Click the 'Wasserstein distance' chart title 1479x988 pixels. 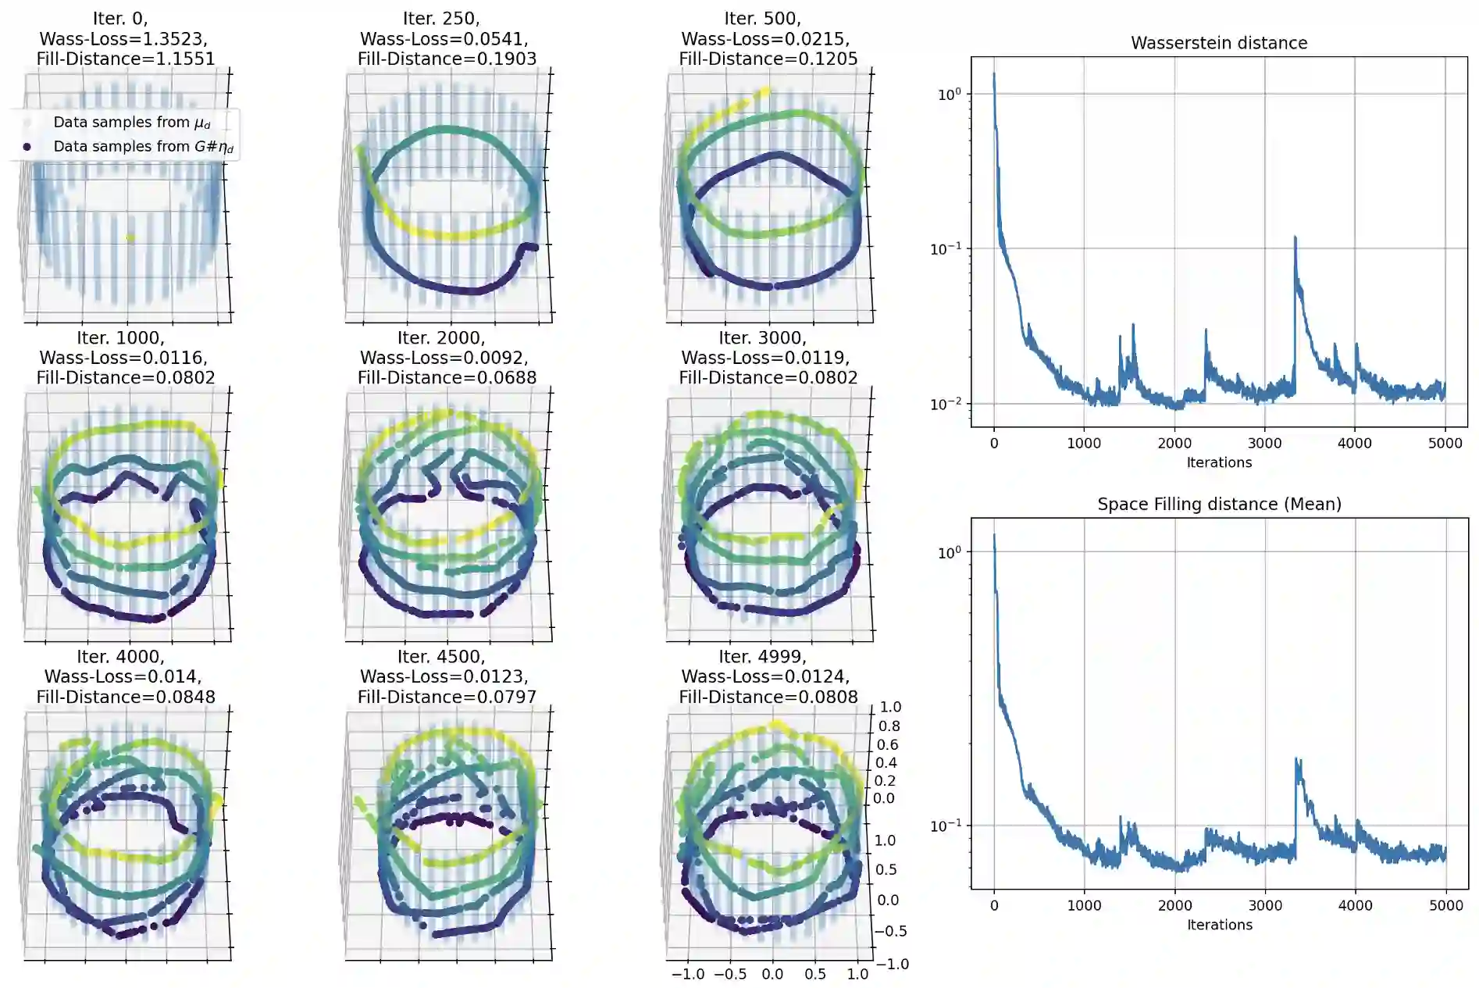click(x=1218, y=43)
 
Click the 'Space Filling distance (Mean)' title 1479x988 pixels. click(x=1219, y=504)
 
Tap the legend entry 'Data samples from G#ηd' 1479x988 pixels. click(x=143, y=147)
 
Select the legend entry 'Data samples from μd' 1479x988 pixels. click(x=131, y=123)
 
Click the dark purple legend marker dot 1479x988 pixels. click(x=27, y=147)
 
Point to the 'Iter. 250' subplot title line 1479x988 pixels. click(x=441, y=18)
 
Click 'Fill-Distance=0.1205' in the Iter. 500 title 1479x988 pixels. click(x=768, y=59)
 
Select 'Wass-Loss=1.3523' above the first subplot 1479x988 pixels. click(x=123, y=38)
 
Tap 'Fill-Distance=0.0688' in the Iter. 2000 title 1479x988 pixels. click(x=447, y=377)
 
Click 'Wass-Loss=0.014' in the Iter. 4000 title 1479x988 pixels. click(x=123, y=676)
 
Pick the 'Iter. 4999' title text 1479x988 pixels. click(x=762, y=657)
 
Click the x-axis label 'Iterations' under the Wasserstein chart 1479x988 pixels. click(x=1219, y=462)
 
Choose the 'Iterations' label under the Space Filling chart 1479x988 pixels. click(x=1219, y=925)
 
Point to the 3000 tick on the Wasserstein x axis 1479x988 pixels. click(x=1264, y=443)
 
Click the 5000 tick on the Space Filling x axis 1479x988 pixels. click(x=1445, y=905)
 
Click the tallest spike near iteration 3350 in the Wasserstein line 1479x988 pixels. click(x=1295, y=237)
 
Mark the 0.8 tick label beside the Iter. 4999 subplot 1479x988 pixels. click(x=889, y=726)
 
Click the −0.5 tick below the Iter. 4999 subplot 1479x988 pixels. click(x=729, y=974)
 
